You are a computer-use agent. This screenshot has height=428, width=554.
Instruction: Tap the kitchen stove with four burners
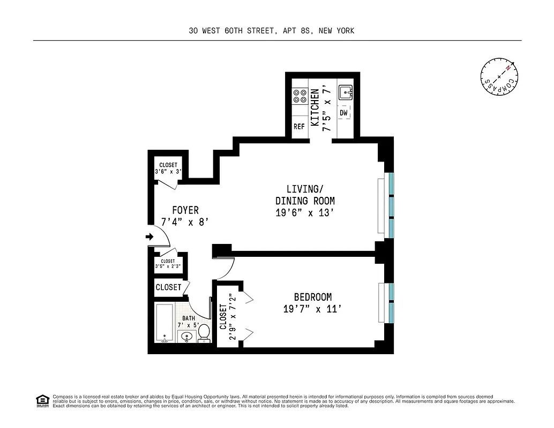coord(299,96)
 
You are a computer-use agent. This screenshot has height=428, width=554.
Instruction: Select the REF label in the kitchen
coord(299,127)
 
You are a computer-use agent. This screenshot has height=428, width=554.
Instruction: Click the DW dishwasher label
coord(343,113)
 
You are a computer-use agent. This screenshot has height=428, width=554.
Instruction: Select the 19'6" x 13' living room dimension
coord(305,212)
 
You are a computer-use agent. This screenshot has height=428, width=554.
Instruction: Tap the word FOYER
coord(185,210)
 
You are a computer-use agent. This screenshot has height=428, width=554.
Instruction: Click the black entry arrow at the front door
coord(149,237)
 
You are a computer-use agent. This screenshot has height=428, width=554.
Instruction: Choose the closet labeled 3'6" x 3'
coord(168,169)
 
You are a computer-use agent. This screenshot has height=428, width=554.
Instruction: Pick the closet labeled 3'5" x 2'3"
coord(168,264)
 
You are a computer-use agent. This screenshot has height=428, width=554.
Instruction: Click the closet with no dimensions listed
coord(168,287)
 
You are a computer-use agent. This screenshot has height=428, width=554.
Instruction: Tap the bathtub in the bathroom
coord(165,324)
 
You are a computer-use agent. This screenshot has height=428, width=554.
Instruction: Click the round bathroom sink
coord(186,337)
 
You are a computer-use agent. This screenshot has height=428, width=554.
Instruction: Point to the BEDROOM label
coord(312,297)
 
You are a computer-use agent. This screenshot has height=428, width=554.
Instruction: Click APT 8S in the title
coord(297,31)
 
